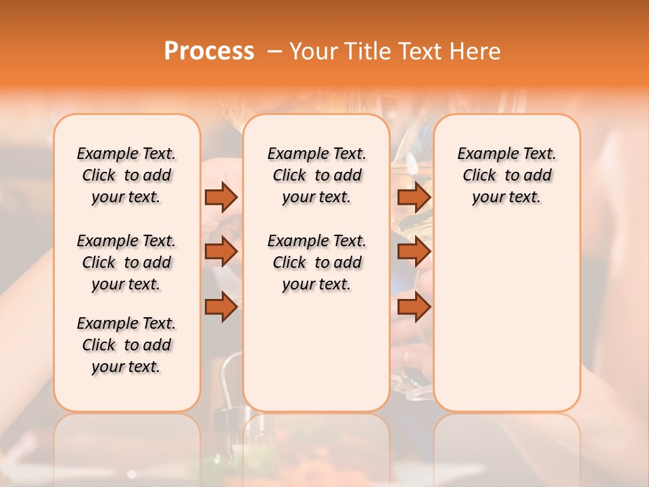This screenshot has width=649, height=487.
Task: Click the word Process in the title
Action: pos(209,51)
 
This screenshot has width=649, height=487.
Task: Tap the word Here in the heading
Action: pos(477,51)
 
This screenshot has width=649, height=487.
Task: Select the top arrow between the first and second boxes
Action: pos(221,197)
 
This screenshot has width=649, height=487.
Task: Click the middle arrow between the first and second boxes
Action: pos(221,252)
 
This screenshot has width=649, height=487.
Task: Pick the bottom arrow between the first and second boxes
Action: pos(221,307)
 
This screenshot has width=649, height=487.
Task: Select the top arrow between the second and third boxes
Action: pos(414,197)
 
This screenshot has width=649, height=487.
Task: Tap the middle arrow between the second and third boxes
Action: pos(414,252)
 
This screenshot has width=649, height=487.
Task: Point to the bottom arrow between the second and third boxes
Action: pos(414,307)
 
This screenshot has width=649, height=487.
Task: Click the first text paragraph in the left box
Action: pos(126,175)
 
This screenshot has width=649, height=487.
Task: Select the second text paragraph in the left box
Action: pos(126,262)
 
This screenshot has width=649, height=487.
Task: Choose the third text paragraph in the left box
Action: pos(126,345)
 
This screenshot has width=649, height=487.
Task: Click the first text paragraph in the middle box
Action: pos(317,175)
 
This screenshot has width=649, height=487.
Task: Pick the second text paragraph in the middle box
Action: pos(317,262)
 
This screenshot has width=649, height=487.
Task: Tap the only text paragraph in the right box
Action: pos(507,175)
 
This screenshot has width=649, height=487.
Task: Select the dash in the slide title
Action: pos(274,51)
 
